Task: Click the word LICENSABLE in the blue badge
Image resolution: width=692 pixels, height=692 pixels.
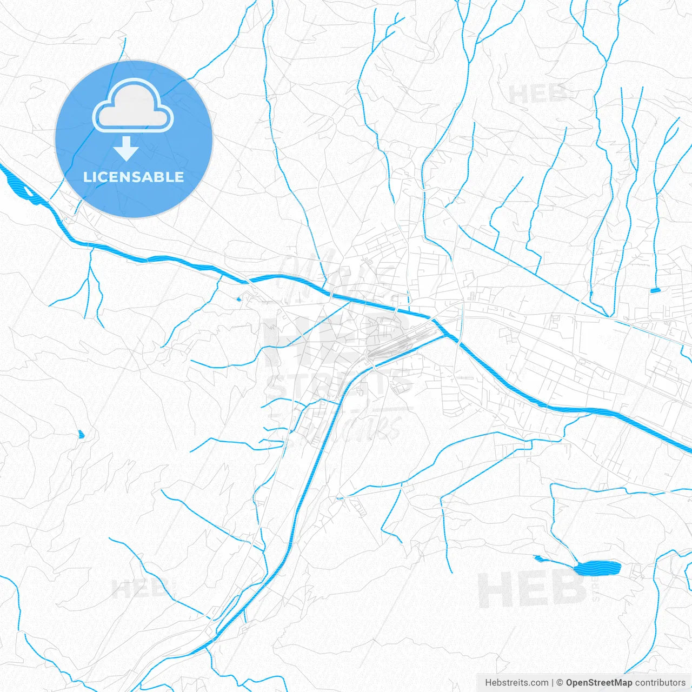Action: coord(134,177)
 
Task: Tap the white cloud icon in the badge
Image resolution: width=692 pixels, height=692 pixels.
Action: coord(133,106)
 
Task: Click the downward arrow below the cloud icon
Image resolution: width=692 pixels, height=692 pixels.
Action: coord(127,149)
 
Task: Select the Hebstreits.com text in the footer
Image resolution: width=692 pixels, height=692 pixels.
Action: coord(516,683)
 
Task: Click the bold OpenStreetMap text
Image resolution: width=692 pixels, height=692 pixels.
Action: coord(598,683)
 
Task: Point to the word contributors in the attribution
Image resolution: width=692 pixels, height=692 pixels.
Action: coord(660,683)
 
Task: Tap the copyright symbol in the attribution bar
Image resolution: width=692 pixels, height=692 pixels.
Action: coord(560,683)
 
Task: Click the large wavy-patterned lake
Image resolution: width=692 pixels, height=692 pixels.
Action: coord(597,568)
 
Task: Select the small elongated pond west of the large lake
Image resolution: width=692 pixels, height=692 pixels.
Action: coord(540,558)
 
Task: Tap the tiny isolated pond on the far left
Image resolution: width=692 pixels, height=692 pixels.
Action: coord(82,434)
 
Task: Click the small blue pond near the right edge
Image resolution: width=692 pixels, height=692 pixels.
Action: coord(655,290)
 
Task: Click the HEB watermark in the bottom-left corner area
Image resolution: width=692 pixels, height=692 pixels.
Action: coord(139,588)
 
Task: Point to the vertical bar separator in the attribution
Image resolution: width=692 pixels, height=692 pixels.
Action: coord(552,683)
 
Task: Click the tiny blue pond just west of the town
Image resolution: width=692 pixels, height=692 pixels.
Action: coord(239,298)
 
